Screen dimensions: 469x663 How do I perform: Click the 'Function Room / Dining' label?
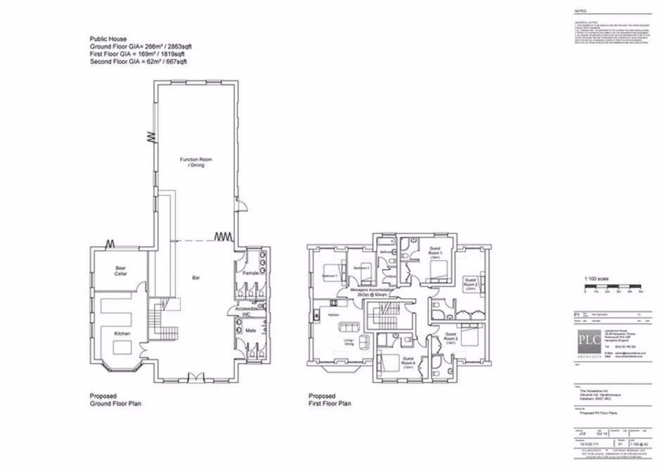click(195, 162)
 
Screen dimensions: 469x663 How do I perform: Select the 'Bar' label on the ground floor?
click(196, 278)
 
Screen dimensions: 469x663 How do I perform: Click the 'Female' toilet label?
click(251, 273)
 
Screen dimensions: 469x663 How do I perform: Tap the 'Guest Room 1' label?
click(434, 252)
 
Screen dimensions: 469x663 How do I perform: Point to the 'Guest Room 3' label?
click(451, 339)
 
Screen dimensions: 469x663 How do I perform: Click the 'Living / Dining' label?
click(349, 343)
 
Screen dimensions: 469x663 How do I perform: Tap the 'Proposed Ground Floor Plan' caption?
click(111, 400)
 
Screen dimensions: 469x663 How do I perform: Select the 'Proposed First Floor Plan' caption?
click(330, 400)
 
